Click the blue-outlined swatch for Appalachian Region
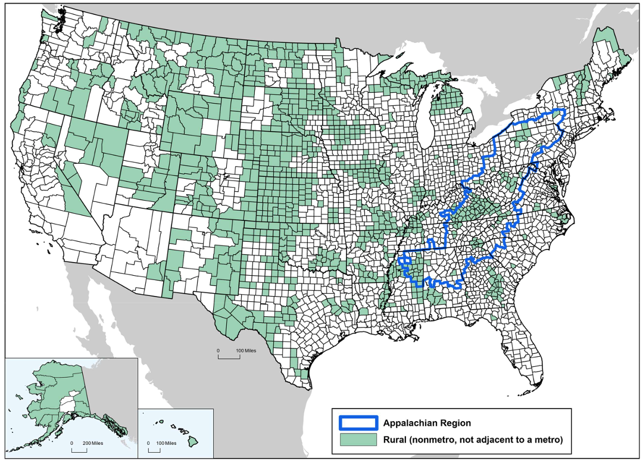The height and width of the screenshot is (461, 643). click(358, 423)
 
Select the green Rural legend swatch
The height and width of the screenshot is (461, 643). click(358, 440)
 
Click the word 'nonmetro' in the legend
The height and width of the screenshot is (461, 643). click(433, 440)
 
